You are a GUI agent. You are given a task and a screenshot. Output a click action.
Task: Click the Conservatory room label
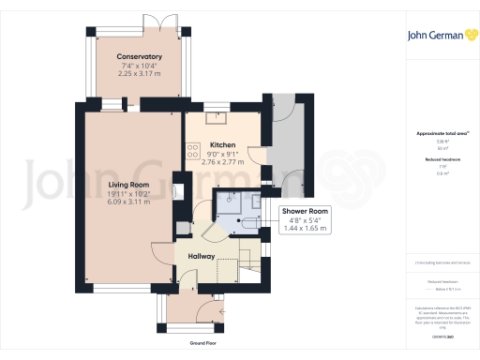coord(140,57)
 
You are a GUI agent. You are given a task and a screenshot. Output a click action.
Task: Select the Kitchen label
coord(222,144)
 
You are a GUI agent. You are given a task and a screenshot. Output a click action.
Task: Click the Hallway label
coord(201,256)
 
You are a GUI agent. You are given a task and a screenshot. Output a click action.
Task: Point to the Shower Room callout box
coord(306,219)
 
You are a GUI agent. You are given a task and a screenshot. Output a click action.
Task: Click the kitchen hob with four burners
coord(193,148)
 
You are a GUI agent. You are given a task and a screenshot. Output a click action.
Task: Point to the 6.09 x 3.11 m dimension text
coord(129,202)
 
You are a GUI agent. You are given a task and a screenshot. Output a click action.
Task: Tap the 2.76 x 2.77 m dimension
coord(222,161)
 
